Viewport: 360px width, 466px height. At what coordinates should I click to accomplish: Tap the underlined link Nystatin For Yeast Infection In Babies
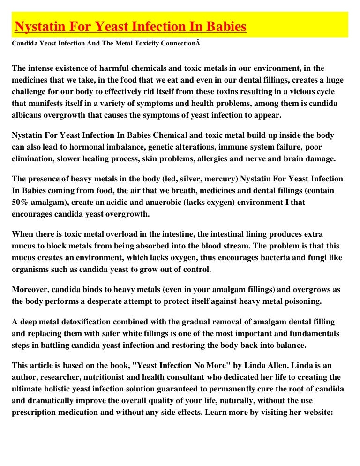click(81, 135)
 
